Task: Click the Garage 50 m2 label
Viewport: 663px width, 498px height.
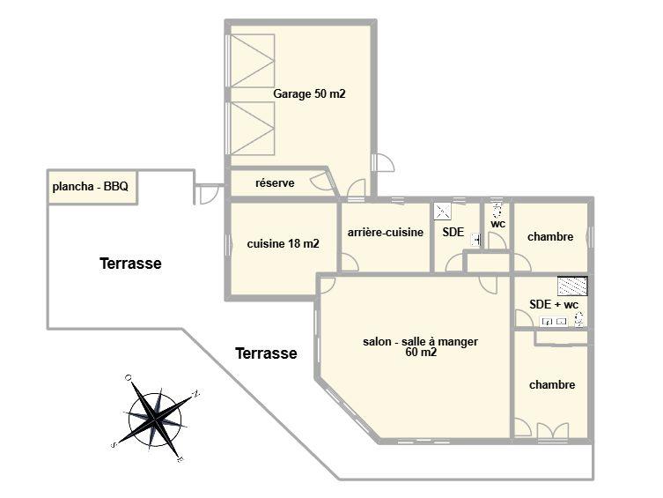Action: pyautogui.click(x=309, y=93)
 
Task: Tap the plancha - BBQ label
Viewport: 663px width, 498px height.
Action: pyautogui.click(x=91, y=187)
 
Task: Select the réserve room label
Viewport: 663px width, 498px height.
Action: pyautogui.click(x=275, y=183)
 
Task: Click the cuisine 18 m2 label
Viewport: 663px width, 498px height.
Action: pyautogui.click(x=283, y=244)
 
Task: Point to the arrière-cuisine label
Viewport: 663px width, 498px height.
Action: pyautogui.click(x=386, y=233)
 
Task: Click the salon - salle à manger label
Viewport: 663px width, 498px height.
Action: pyautogui.click(x=422, y=342)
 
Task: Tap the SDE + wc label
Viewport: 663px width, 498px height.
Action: pyautogui.click(x=554, y=305)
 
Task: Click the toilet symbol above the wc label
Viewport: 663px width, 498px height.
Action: pyautogui.click(x=497, y=209)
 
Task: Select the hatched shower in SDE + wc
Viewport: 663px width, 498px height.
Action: pyautogui.click(x=572, y=286)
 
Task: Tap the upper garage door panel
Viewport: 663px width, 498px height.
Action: pyautogui.click(x=254, y=61)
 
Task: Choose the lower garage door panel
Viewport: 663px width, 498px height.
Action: pyautogui.click(x=254, y=129)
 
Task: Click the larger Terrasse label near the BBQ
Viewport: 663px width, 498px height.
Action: pyautogui.click(x=130, y=264)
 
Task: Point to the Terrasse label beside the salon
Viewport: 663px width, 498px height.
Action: pyautogui.click(x=266, y=353)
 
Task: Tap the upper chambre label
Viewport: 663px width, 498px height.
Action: pyautogui.click(x=550, y=237)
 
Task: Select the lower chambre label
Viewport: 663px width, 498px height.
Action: pyautogui.click(x=552, y=385)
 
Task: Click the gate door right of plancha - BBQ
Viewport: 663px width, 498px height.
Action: pyautogui.click(x=209, y=193)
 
